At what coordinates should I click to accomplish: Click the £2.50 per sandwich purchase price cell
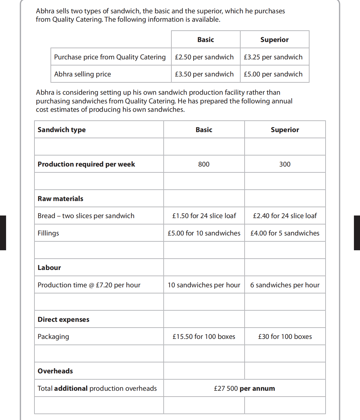coord(204,57)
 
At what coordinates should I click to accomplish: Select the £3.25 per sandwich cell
coord(273,57)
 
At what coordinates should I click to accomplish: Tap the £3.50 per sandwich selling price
coord(204,74)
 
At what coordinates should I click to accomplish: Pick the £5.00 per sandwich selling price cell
coord(273,74)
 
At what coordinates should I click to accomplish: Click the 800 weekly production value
coord(204,164)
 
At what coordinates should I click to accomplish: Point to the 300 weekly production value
coord(285,164)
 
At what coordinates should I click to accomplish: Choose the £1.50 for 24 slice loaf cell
coord(204,216)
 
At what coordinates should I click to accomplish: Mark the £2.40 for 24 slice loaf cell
coord(285,216)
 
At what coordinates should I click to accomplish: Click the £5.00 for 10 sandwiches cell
coord(204,233)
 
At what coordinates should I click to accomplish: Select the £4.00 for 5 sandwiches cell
coord(285,233)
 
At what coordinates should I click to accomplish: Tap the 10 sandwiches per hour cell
coord(204,285)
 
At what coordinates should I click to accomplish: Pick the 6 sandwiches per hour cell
coord(285,285)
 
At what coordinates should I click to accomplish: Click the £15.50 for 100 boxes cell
coord(204,337)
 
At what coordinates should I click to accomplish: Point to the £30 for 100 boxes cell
coord(285,337)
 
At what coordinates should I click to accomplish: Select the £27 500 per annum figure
coord(244,388)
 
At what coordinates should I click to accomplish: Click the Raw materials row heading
coord(60,199)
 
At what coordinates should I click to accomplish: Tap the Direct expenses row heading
coord(63,319)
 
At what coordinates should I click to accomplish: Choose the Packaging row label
coord(53,337)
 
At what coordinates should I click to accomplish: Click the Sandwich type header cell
coord(62,130)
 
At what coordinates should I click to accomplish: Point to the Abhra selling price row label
coord(82,74)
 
